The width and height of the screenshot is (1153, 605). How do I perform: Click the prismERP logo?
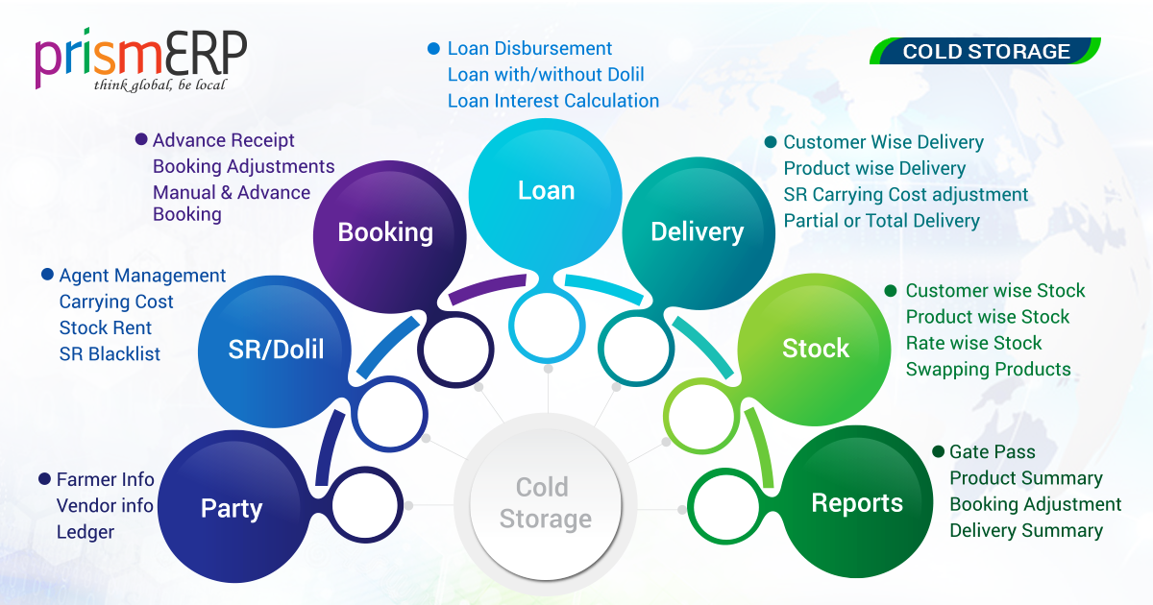(141, 60)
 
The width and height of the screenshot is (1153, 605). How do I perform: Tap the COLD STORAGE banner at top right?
(986, 51)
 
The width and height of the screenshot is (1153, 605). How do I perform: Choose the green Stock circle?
(816, 348)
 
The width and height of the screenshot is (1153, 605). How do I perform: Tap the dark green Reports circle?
(857, 503)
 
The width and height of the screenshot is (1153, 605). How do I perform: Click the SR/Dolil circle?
(276, 349)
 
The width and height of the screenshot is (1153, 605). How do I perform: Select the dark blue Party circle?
(232, 508)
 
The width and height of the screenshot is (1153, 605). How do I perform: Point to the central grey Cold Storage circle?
(545, 503)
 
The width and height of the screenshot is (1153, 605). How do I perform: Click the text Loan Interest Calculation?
(553, 101)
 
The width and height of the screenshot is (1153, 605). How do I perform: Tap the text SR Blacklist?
(110, 353)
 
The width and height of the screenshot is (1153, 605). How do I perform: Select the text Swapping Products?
(988, 370)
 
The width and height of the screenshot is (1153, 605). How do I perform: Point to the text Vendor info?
(105, 505)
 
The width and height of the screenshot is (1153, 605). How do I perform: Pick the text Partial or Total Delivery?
(881, 221)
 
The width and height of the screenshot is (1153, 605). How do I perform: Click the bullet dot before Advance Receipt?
(141, 139)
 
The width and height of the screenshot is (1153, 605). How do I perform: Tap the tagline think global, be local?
(159, 85)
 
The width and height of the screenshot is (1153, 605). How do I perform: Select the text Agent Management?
(142, 276)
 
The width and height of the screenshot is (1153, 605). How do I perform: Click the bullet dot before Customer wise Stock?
(890, 290)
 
